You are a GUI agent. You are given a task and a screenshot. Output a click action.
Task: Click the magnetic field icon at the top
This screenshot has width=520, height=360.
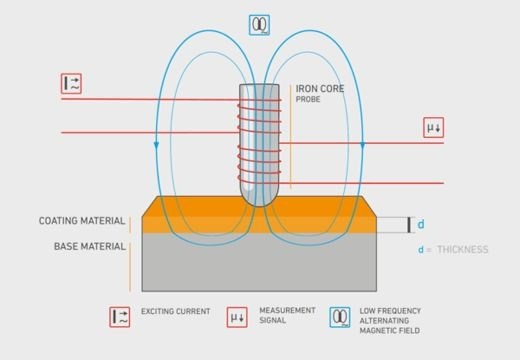[x=258, y=25]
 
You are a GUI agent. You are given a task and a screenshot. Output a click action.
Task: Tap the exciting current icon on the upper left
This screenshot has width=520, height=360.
[x=70, y=84]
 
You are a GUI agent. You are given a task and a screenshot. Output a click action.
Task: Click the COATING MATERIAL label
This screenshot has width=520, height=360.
[x=82, y=221]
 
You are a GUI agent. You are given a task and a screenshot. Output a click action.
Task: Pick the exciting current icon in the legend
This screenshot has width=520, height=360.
[x=119, y=317]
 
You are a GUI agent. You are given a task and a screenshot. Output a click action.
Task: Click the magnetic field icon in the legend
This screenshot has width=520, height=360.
[x=340, y=317]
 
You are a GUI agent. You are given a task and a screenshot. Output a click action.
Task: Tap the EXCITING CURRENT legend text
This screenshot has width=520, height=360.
[x=176, y=312]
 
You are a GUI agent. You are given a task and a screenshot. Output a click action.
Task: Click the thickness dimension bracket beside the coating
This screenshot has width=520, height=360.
[x=408, y=224]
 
